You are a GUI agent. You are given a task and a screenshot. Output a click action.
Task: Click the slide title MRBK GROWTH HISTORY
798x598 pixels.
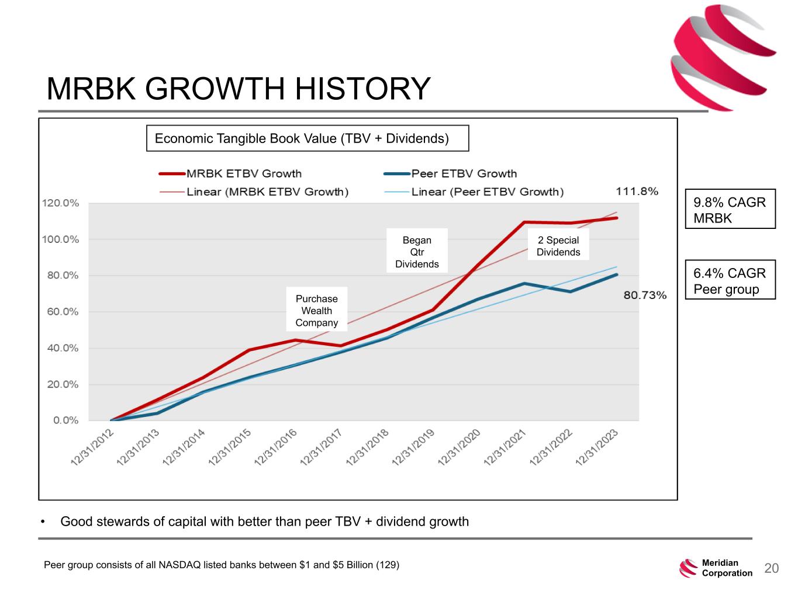[238, 89]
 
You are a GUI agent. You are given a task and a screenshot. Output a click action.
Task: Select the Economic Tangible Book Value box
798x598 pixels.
[307, 138]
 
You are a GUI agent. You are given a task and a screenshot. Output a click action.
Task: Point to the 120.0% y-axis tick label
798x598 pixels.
[60, 203]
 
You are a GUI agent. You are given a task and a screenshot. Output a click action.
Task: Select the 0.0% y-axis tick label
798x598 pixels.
[65, 420]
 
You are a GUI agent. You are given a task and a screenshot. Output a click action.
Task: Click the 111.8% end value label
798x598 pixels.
[637, 192]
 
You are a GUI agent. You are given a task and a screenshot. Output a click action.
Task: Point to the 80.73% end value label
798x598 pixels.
[645, 295]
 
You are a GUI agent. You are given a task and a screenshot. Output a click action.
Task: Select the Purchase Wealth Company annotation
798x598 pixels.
[316, 311]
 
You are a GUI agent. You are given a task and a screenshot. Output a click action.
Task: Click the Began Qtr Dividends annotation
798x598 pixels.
[417, 252]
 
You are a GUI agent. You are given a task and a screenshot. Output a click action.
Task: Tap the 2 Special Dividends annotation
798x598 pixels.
[558, 246]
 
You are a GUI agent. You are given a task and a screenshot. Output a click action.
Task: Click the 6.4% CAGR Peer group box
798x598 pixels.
[730, 281]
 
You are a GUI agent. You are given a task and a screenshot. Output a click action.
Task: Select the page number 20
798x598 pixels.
[772, 568]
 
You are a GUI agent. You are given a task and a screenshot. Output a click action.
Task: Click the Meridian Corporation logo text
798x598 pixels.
[727, 568]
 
